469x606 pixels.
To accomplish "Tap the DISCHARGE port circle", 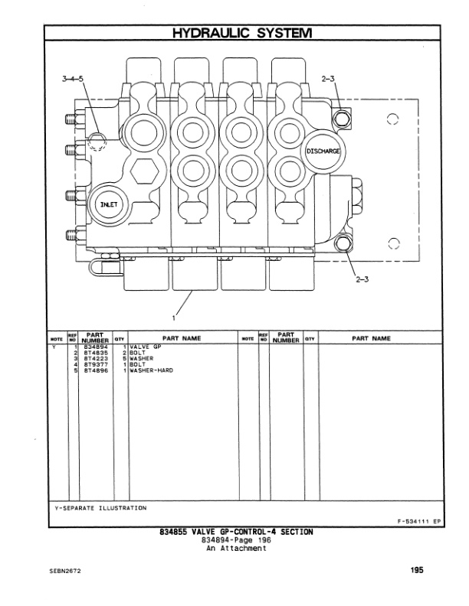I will click(323, 151).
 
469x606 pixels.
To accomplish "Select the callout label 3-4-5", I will click(75, 79).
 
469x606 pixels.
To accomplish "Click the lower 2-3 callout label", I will click(362, 279).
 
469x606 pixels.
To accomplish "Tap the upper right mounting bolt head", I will click(343, 116).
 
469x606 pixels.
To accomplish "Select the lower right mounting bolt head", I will click(343, 245).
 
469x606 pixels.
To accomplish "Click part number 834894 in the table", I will click(95, 347).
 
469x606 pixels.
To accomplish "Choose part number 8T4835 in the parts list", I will click(95, 352).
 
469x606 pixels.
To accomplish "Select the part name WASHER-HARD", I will click(152, 370).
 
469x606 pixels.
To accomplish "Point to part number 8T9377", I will click(95, 364).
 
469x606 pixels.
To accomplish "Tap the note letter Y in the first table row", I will click(54, 347).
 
